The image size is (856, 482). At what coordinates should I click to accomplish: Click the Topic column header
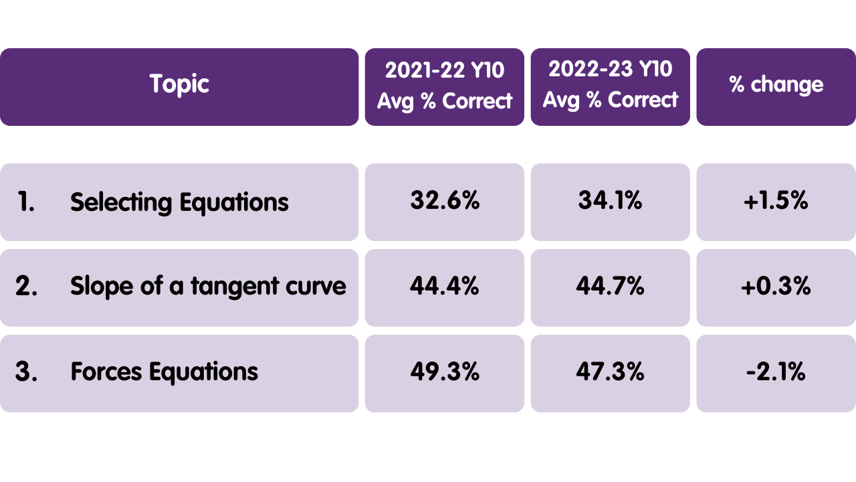[x=179, y=85]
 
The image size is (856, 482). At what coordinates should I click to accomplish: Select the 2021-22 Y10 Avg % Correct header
[x=444, y=86]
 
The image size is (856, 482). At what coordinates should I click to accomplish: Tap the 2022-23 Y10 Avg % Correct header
[x=610, y=85]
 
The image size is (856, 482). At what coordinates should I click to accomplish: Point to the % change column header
[x=776, y=85]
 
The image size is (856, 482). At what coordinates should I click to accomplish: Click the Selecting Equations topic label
[x=179, y=202]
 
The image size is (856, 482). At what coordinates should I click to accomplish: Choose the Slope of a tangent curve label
[x=208, y=287]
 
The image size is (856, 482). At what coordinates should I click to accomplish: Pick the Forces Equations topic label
[x=164, y=372]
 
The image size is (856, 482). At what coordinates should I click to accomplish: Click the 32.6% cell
[x=444, y=201]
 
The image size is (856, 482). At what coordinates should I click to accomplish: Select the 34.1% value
[x=610, y=201]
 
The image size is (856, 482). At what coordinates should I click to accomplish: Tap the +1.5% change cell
[x=776, y=201]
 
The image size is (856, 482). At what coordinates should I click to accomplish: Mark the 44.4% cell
[x=444, y=287]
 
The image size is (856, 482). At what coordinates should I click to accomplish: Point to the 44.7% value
[x=610, y=287]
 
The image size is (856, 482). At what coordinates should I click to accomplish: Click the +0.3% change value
[x=776, y=287]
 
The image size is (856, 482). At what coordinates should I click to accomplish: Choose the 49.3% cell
[x=444, y=372]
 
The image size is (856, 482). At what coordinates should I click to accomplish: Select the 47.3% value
[x=610, y=372]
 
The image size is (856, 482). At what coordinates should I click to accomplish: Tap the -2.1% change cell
[x=776, y=372]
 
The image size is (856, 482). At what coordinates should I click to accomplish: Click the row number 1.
[x=25, y=202]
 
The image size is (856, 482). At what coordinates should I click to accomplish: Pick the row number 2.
[x=26, y=287]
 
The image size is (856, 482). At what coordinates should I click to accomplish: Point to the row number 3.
[x=26, y=372]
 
